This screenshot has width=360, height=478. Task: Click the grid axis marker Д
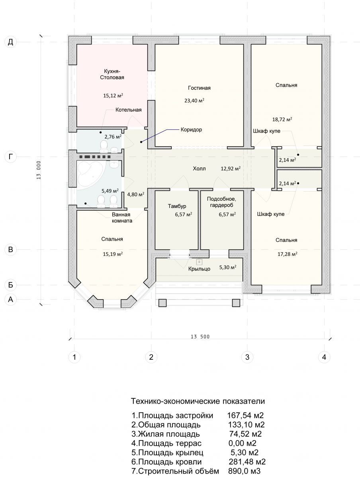coord(10,42)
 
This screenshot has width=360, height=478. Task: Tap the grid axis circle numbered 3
coord(247,357)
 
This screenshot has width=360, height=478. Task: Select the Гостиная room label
coord(199,88)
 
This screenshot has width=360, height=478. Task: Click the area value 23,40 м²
coord(194,100)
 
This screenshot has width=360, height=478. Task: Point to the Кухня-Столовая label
coord(112,74)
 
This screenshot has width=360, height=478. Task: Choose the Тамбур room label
coord(177,206)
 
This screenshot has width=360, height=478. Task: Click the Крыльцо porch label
coord(199,269)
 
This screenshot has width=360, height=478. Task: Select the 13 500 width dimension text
coord(200,337)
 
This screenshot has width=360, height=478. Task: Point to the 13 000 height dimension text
coord(39,170)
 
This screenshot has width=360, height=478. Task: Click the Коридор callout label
coord(191,130)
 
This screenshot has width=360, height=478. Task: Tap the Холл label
coord(199,168)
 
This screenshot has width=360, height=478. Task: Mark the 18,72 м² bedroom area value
coord(282,119)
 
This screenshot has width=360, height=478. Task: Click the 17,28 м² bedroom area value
coord(287,254)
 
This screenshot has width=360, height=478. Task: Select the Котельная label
coord(128,110)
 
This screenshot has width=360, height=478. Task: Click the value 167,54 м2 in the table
coord(246,415)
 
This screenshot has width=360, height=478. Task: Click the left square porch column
coord(162,303)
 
